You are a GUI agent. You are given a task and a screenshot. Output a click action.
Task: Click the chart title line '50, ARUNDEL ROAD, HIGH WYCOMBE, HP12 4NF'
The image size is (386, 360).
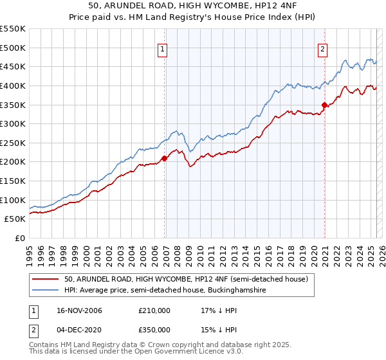(193, 6)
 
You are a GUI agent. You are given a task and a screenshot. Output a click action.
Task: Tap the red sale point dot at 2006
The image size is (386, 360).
(165, 157)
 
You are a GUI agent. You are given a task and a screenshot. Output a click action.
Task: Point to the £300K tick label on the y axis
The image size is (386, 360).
(13, 123)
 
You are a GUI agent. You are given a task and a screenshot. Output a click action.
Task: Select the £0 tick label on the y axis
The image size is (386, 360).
(21, 238)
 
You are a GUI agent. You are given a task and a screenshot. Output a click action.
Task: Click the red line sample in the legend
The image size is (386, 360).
(46, 280)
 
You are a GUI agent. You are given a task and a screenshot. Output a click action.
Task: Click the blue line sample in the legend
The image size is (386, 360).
(46, 291)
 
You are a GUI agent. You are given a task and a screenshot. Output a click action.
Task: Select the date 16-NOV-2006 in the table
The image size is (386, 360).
(77, 310)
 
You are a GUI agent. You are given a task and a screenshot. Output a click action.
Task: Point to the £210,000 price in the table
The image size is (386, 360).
(154, 310)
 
